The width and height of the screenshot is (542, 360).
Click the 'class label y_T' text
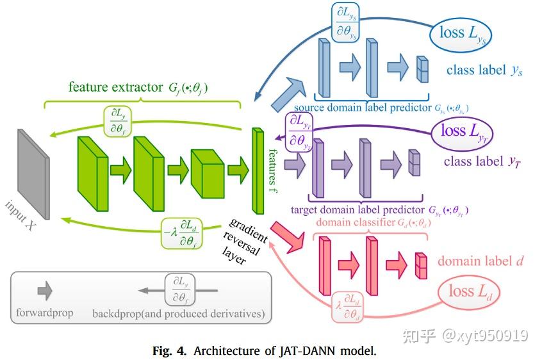point(482,161)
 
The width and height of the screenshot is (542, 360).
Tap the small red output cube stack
point(420,265)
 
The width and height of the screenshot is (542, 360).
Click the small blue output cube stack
point(421,69)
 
